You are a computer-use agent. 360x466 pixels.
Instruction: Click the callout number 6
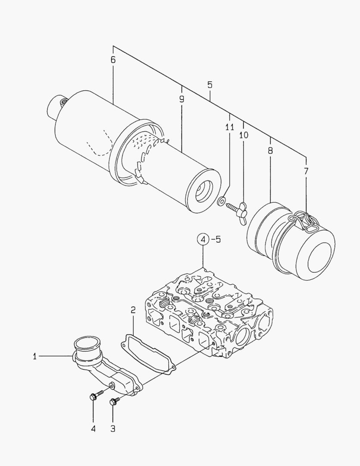pos(113,60)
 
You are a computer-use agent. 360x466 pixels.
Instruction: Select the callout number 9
pos(182,99)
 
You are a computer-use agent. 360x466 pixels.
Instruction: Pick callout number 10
pos(244,135)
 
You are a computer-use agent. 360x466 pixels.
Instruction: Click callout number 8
pos(270,151)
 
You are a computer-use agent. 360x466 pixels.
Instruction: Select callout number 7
pos(306,171)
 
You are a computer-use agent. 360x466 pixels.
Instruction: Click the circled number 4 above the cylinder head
pos(203,239)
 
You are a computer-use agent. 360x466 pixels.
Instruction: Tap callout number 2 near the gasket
pos(133,310)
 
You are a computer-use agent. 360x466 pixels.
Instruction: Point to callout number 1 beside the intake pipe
pos(35,356)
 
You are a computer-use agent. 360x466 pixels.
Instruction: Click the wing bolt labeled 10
pos(238,212)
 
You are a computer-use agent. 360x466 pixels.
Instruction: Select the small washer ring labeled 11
pos(221,201)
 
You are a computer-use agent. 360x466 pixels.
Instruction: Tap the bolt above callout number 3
pos(114,401)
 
